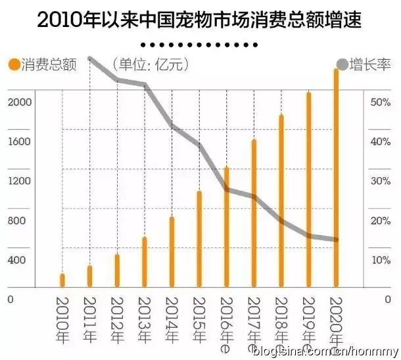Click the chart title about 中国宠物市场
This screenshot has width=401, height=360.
[200, 20]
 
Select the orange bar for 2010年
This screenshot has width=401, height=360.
[62, 280]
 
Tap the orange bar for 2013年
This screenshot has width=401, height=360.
[145, 262]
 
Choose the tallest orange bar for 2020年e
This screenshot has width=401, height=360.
[336, 178]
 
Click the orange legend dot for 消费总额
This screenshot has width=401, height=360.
[12, 64]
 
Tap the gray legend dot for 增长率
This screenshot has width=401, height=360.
[342, 64]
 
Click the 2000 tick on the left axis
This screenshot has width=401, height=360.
[20, 102]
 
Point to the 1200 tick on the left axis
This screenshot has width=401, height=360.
[20, 181]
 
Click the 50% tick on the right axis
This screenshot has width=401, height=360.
[381, 102]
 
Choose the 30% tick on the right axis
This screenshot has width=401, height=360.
[381, 181]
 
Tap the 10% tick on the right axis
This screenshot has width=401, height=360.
[381, 260]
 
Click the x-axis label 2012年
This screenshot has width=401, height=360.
[117, 320]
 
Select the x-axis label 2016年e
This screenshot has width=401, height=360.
[226, 323]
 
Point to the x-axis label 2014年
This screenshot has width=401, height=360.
[172, 320]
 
